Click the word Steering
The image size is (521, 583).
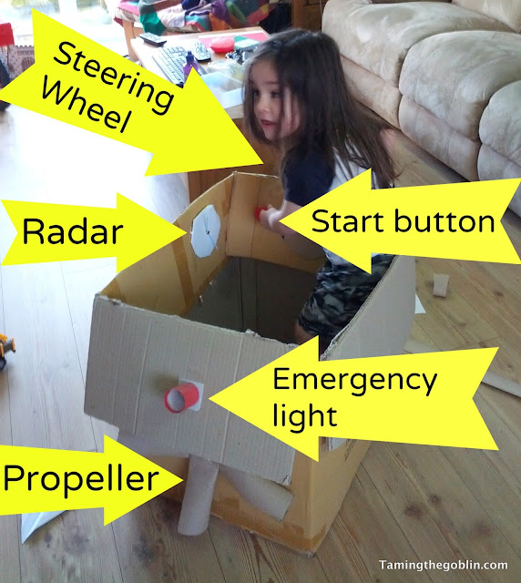pos(114,77)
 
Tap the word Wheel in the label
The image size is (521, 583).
pos(86,107)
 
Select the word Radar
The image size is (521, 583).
pos(73,232)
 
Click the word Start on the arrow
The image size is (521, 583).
pos(349,221)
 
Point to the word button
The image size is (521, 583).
pos(444,221)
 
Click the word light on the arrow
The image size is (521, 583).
pos(305,415)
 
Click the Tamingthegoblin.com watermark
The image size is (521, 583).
pos(444,565)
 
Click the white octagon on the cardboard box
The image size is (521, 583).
pos(205,230)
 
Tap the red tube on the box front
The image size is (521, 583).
pos(181,398)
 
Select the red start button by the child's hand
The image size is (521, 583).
pos(260,213)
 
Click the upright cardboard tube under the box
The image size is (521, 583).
pos(198,493)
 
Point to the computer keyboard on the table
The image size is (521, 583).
pos(172,64)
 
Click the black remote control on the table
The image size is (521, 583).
pos(153,38)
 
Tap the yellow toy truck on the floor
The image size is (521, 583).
pos(6,351)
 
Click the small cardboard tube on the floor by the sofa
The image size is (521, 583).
pos(442,285)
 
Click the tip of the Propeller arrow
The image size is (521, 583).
pos(183,480)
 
